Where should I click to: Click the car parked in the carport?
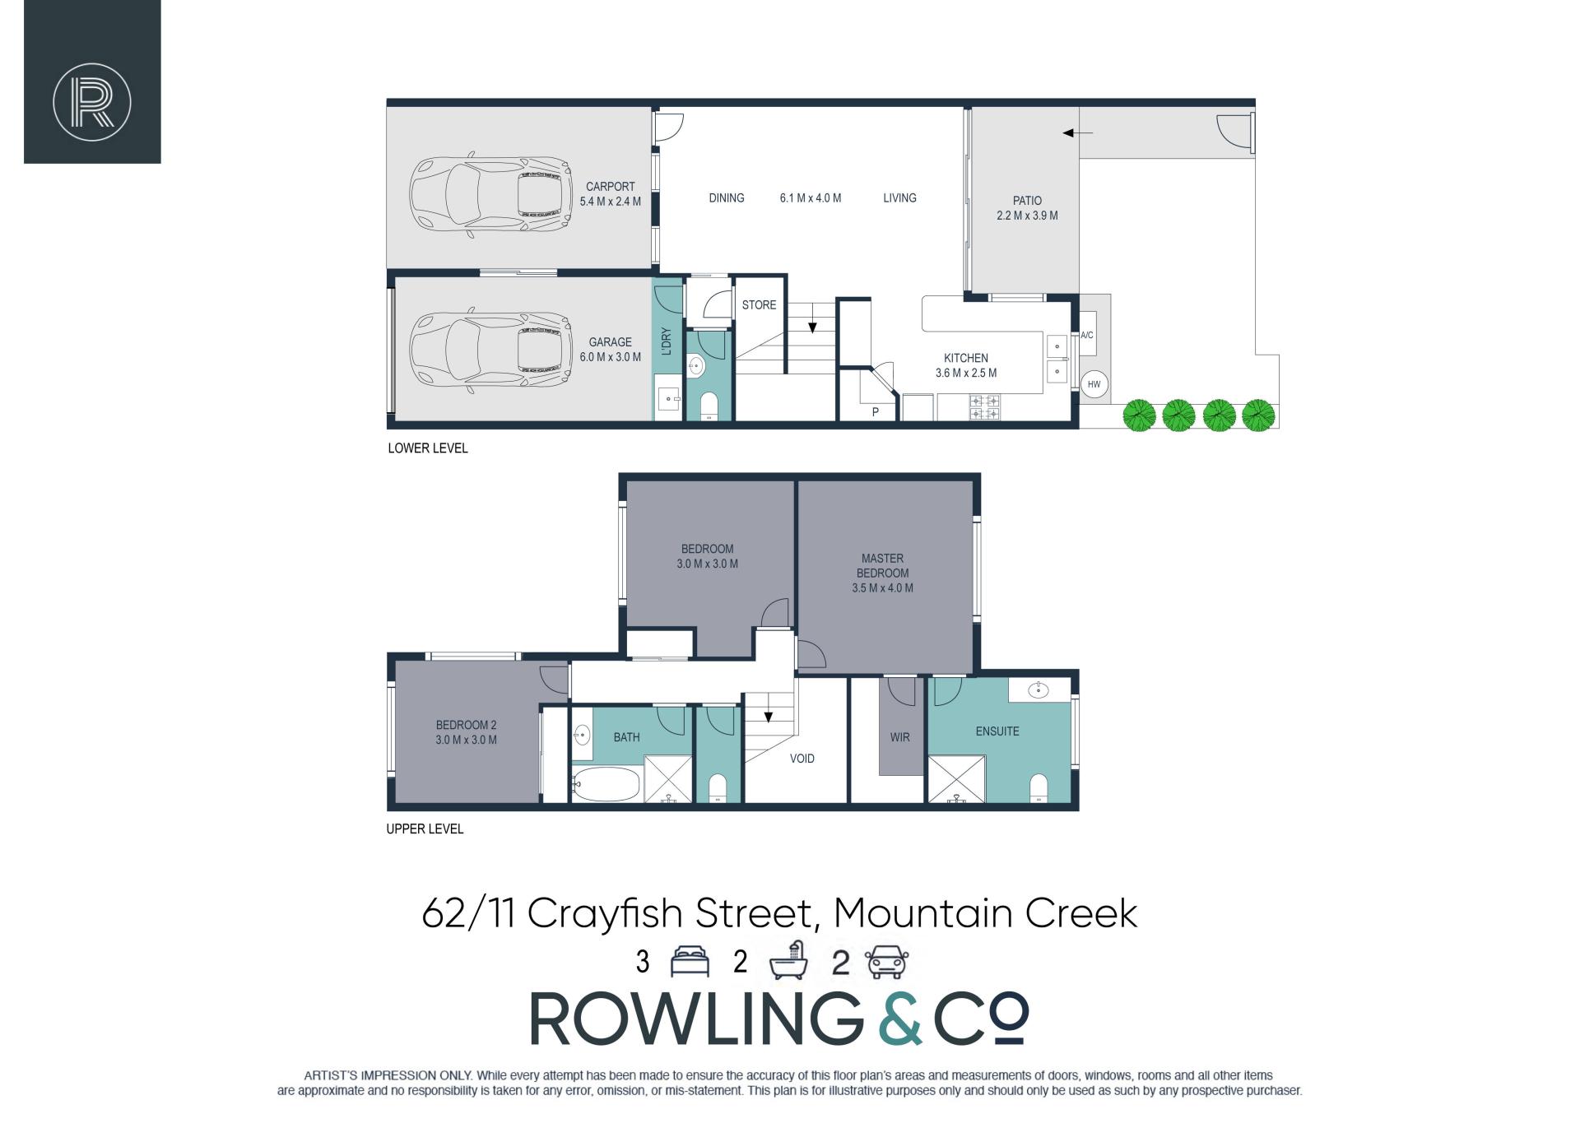click(490, 195)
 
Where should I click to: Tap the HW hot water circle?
click(1094, 384)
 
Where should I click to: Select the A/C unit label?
click(1086, 336)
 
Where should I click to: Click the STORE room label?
click(759, 305)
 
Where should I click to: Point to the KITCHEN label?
click(966, 358)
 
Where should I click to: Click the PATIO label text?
click(1027, 201)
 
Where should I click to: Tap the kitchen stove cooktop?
click(986, 407)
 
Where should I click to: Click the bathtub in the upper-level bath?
click(605, 784)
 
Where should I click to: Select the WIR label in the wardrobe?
click(900, 737)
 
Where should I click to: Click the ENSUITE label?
click(997, 731)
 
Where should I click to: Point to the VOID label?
click(802, 759)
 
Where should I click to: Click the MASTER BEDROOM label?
click(882, 566)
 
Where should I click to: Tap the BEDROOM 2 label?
click(467, 725)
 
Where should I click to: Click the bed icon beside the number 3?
click(690, 962)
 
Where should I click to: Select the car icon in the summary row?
click(885, 962)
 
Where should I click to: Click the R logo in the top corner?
click(92, 102)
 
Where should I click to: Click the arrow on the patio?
click(1077, 132)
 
